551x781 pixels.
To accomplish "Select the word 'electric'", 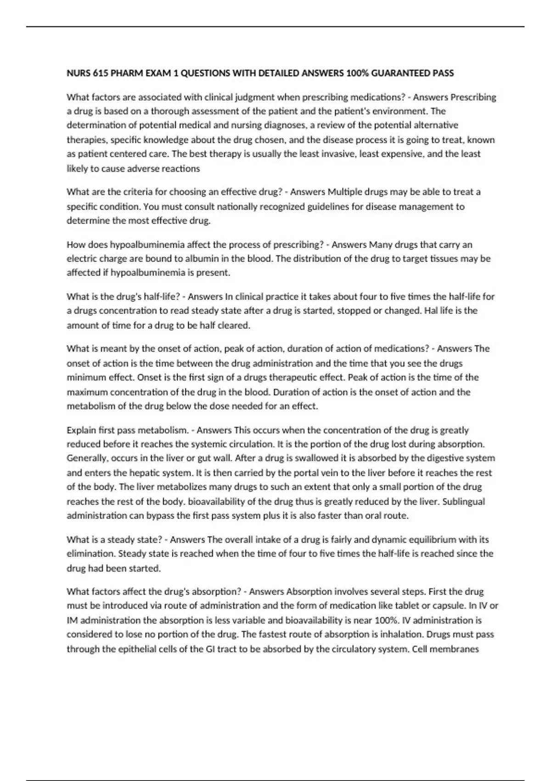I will point(82,259).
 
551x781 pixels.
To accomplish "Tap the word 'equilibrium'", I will point(449,539).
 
